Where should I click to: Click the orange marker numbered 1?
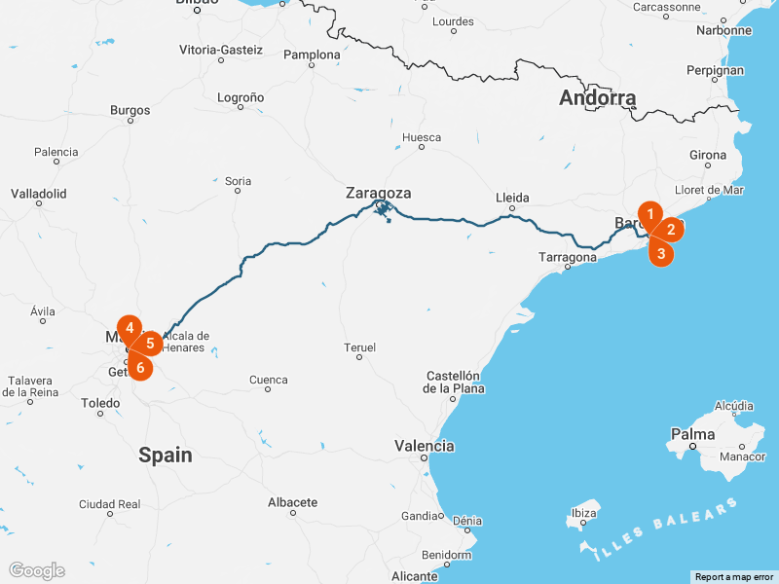coord(649,213)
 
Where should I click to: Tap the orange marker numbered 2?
coord(670,230)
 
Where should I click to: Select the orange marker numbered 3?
coord(661,253)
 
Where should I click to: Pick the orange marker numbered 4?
coord(130,328)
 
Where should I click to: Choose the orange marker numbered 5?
coord(149,343)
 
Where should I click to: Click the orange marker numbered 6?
coord(140,367)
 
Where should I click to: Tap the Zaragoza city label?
coord(378,193)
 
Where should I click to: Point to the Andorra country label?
coord(597,98)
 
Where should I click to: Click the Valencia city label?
coord(424,446)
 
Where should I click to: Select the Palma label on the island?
coord(693,434)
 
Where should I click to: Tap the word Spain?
coord(165,455)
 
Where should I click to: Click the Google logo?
coord(36,570)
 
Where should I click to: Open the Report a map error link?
coord(734,577)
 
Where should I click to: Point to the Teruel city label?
coord(359,347)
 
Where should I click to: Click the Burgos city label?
coord(130,110)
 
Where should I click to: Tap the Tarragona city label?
coord(568,258)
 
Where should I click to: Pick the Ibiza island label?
coord(583,513)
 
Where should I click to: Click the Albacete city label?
coord(292,502)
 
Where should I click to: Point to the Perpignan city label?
coord(715,70)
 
